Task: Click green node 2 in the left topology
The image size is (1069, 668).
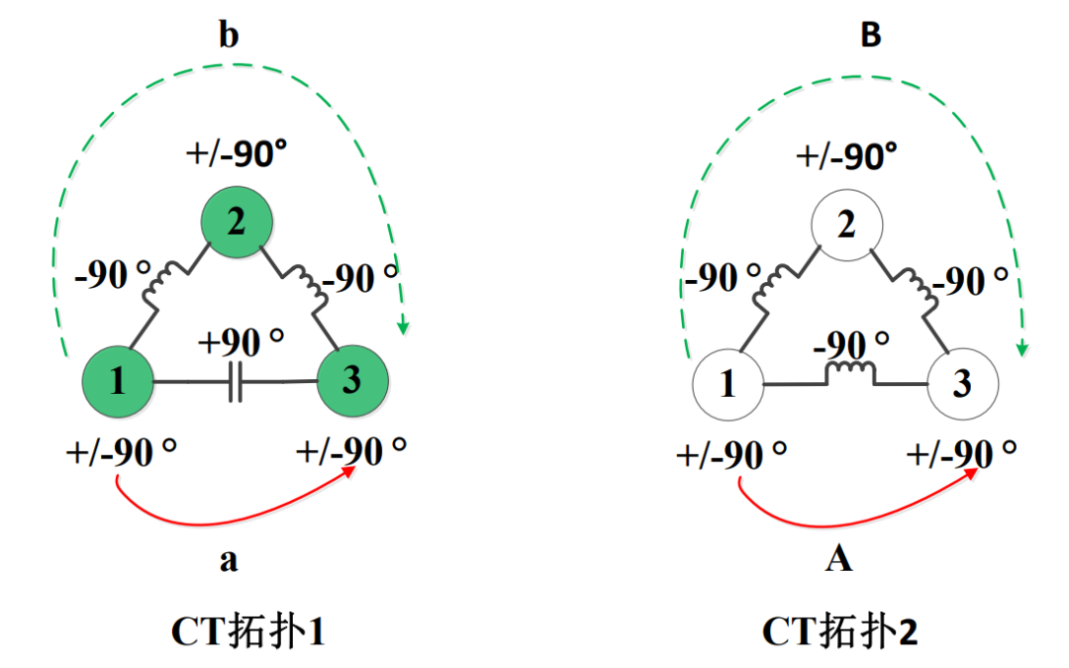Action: click(x=237, y=223)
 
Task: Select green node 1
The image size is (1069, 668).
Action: click(x=118, y=382)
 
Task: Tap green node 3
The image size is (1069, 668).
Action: click(x=352, y=380)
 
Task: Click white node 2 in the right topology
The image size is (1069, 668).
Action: click(x=846, y=225)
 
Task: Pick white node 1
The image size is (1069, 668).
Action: click(x=729, y=384)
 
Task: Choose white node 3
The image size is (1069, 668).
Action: click(x=963, y=383)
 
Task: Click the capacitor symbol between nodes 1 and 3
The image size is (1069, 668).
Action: click(x=236, y=382)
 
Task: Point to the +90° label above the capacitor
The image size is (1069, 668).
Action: click(x=241, y=340)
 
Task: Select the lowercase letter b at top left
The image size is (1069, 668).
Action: click(x=229, y=34)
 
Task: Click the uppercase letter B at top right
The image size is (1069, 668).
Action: click(x=871, y=35)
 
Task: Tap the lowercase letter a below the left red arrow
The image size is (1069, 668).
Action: click(x=229, y=560)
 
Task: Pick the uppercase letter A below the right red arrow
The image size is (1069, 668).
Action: click(x=838, y=559)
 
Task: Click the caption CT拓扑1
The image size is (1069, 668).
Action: click(x=248, y=631)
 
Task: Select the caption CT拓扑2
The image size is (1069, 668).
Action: click(x=840, y=631)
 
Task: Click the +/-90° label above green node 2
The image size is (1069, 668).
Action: click(x=236, y=152)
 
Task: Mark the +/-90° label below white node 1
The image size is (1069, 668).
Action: click(x=731, y=454)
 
